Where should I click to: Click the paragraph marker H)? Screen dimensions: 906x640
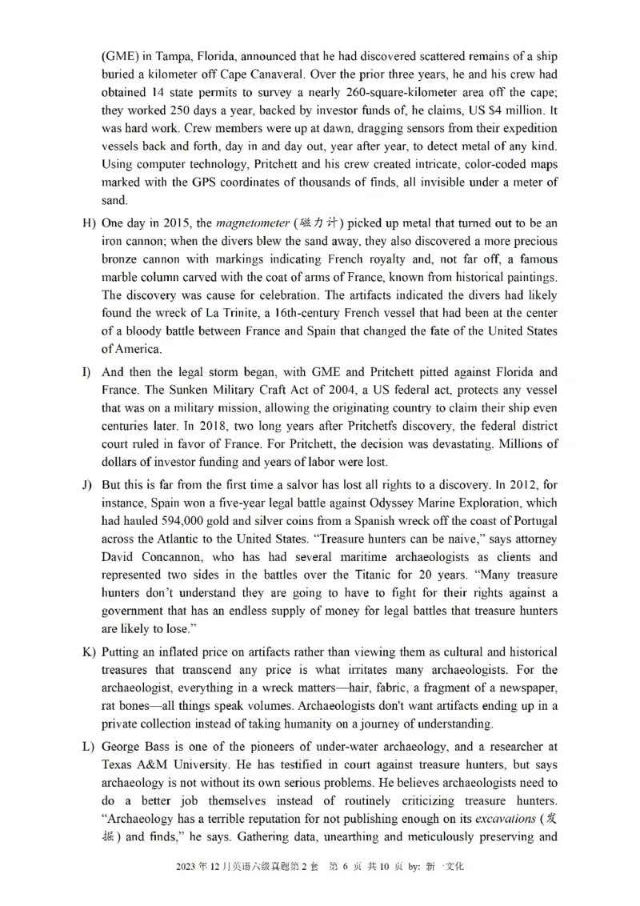tap(89, 222)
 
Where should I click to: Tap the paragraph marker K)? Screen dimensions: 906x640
tap(89, 652)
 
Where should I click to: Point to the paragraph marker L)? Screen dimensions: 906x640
tap(88, 747)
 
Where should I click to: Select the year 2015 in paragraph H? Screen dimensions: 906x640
tap(174, 222)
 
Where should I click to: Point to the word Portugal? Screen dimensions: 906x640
tap(533, 520)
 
